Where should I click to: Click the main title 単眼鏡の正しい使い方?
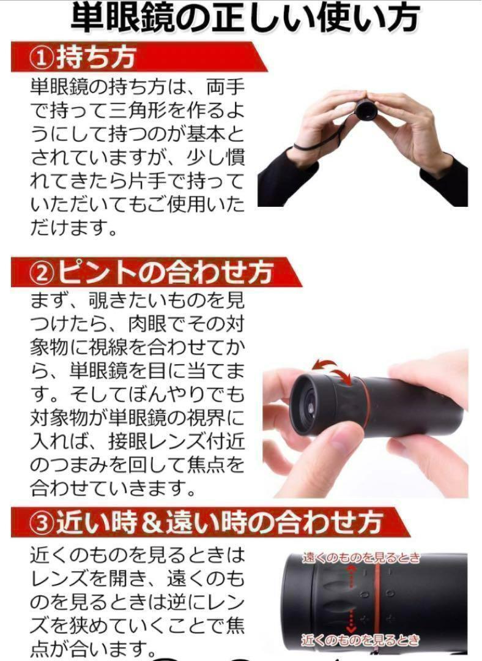pyautogui.click(x=244, y=18)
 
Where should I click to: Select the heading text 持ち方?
pyautogui.click(x=96, y=58)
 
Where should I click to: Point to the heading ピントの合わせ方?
pyautogui.click(x=165, y=272)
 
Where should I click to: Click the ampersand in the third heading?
pyautogui.click(x=151, y=523)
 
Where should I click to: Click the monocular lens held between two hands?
pyautogui.click(x=365, y=110)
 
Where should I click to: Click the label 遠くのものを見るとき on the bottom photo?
pyautogui.click(x=361, y=558)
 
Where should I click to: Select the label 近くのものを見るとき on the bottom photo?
pyautogui.click(x=360, y=640)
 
